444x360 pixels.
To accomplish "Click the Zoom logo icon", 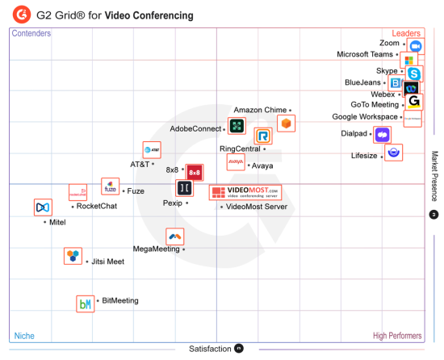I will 416,46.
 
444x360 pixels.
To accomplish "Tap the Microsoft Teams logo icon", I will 409,61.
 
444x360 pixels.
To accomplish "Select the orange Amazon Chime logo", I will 286,123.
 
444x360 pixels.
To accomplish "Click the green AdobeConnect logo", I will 237,125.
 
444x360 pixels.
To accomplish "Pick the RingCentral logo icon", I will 262,136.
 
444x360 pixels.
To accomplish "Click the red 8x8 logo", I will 194,172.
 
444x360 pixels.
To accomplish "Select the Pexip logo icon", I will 185,188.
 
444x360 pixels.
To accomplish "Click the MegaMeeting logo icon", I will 174,236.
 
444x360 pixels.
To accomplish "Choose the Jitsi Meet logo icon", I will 73,257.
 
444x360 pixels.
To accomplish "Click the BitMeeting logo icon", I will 85,303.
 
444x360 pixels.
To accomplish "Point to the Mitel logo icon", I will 43,207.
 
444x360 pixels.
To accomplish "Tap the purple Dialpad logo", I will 381,135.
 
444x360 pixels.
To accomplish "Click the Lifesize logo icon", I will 394,152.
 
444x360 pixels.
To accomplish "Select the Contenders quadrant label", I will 31,34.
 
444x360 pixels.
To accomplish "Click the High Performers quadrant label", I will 397,336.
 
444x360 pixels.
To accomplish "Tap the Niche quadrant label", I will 24,336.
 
